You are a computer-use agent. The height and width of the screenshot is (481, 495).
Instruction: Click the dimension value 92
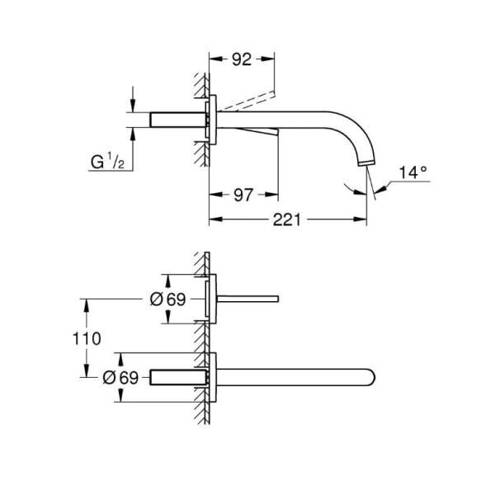coord(241,59)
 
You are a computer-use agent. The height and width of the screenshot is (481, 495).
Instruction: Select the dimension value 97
coord(242,195)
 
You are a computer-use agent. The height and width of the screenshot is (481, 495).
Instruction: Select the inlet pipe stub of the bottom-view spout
coord(177,378)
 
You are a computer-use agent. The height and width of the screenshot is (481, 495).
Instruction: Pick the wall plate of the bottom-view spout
coord(212,378)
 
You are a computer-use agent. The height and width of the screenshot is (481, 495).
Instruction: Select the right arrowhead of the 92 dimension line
coord(271,59)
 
